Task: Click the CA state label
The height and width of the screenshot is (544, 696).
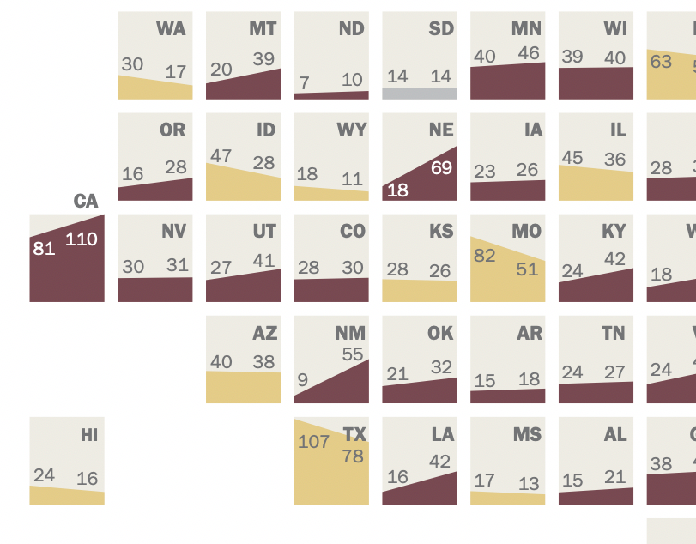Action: click(86, 202)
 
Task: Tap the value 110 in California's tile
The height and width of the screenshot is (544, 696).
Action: click(82, 239)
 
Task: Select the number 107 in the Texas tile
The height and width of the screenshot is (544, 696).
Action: click(314, 443)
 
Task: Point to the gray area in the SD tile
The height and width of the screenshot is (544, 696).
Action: click(420, 93)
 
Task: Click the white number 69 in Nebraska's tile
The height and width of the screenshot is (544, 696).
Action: click(441, 168)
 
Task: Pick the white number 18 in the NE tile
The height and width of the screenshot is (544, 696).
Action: click(397, 190)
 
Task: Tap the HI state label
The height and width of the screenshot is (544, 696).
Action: click(89, 435)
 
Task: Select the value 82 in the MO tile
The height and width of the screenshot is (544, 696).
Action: click(485, 256)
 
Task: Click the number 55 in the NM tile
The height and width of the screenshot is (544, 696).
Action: click(353, 354)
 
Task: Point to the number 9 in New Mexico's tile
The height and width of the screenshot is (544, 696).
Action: click(302, 378)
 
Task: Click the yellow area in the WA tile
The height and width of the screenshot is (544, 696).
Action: click(146, 88)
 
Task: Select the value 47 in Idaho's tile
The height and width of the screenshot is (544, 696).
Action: click(221, 156)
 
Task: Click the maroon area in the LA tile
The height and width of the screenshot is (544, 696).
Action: click(429, 491)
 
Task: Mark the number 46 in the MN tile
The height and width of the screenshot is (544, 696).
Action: click(529, 53)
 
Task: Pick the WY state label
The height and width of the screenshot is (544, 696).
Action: click(352, 130)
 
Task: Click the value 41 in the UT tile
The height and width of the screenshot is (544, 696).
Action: click(265, 260)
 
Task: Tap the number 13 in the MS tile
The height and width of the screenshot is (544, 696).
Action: click(529, 484)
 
